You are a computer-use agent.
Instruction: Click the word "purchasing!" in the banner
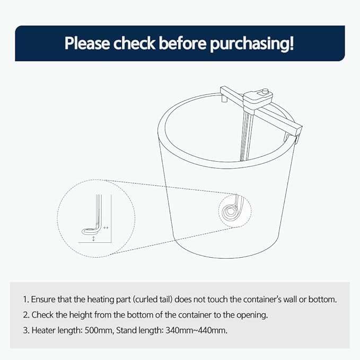tap(252, 43)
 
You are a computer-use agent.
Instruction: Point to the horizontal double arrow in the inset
tap(106, 227)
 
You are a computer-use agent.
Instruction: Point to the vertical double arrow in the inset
tap(94, 240)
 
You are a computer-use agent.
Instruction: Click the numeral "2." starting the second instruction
tap(26, 314)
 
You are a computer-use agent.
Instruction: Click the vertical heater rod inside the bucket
tap(244, 133)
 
